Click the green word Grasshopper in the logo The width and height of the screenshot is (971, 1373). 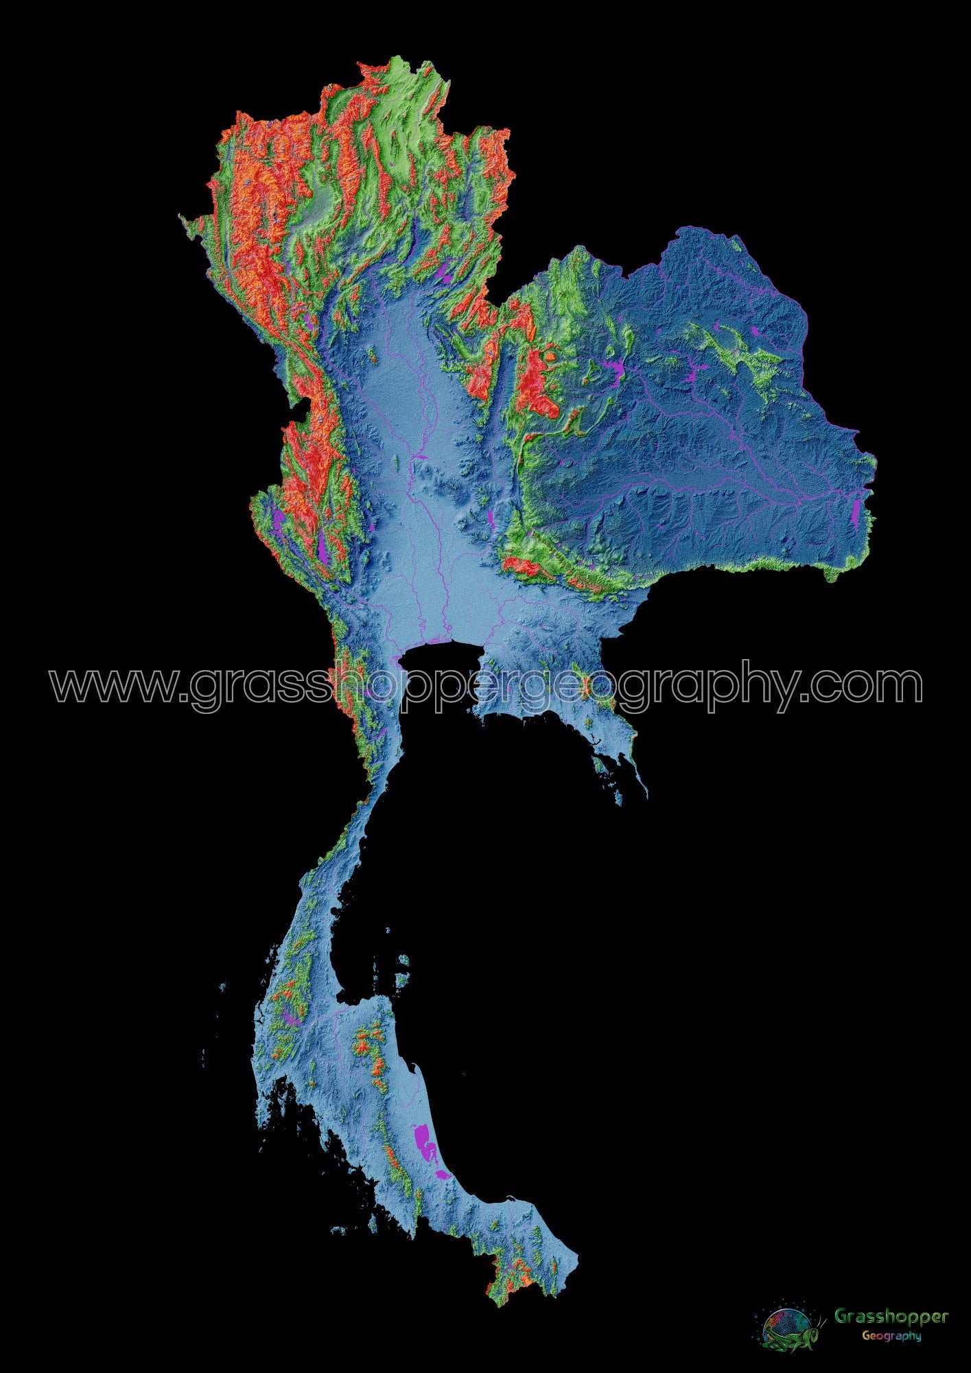pyautogui.click(x=891, y=1317)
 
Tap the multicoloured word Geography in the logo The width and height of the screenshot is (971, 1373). pyautogui.click(x=891, y=1336)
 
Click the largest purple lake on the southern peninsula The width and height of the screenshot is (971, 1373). pyautogui.click(x=423, y=1140)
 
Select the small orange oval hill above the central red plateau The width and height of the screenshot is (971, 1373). pyautogui.click(x=550, y=356)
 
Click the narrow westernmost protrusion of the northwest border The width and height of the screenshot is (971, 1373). pyautogui.click(x=184, y=218)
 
